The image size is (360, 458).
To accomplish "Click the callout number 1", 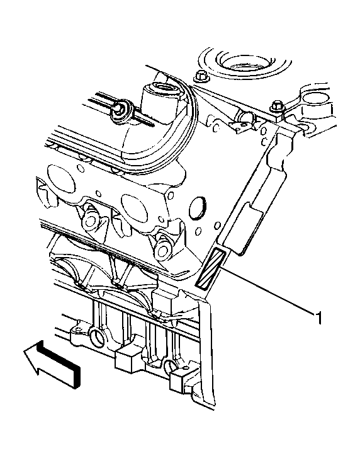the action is coord(320,318).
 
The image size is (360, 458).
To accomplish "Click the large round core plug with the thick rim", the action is coord(198,208).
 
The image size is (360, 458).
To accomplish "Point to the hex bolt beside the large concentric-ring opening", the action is coord(200,76).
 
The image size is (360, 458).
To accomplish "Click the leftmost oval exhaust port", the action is coord(62,178).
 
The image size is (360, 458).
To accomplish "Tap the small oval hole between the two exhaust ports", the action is coord(99,193).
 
